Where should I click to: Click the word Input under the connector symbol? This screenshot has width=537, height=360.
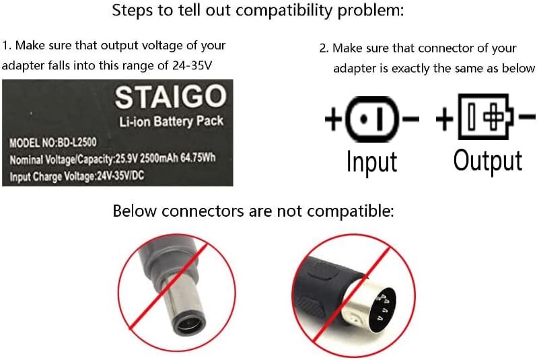point(371,162)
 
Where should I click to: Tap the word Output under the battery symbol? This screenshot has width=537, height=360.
point(487,161)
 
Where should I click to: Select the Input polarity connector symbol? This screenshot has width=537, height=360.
point(372,122)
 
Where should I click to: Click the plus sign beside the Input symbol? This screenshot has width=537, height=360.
point(334,122)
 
